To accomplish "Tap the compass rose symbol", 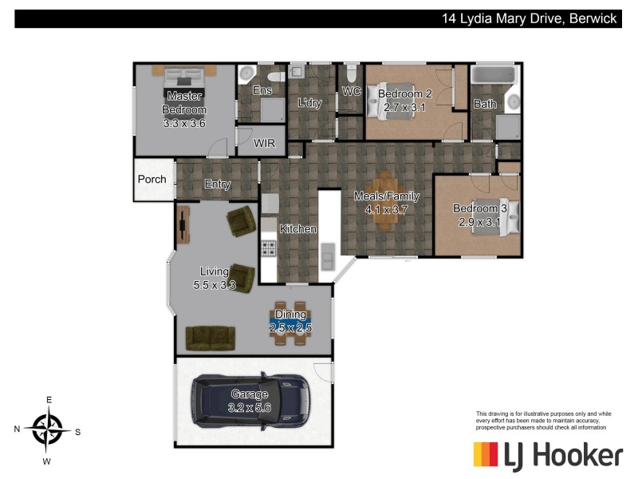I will [x=49, y=430].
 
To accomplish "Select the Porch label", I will [x=152, y=179].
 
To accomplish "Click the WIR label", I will [x=264, y=144].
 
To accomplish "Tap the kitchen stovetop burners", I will [x=268, y=248].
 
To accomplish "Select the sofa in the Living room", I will [x=210, y=338].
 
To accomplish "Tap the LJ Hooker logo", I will [x=547, y=455].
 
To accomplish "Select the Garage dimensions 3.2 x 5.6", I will [x=250, y=407].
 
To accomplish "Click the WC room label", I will [x=352, y=91].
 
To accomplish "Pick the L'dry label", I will [x=309, y=102].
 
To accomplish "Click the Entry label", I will [x=218, y=185].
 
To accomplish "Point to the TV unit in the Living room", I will [x=184, y=224].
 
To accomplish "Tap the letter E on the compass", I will [x=49, y=399].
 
